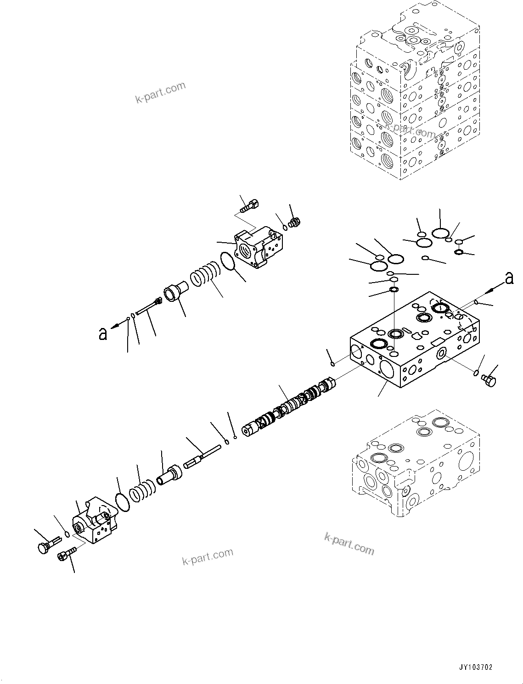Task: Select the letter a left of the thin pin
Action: (103, 334)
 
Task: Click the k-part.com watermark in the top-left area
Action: (160, 92)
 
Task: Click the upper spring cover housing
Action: (259, 248)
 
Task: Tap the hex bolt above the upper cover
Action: (249, 205)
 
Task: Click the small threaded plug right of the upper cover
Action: (294, 222)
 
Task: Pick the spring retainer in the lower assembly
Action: (169, 474)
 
